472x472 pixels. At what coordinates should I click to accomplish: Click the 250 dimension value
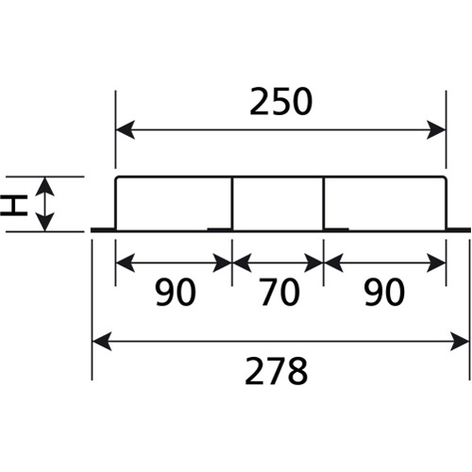click(281, 102)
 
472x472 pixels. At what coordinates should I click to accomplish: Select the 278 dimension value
click(277, 371)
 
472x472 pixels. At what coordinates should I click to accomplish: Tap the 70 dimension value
click(279, 292)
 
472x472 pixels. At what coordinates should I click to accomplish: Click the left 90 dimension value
click(176, 292)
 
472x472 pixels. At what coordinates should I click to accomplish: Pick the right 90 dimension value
click(384, 292)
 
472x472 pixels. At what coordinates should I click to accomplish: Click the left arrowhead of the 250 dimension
click(126, 129)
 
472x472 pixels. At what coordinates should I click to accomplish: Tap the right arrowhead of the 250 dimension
click(436, 129)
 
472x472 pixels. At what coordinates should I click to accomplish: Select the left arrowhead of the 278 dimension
click(102, 341)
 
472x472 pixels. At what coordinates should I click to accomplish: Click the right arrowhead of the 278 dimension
click(460, 341)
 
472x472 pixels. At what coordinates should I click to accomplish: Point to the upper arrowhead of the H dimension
click(44, 187)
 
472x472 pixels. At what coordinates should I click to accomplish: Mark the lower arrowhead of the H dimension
click(44, 222)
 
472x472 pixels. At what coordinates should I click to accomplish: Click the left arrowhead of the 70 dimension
click(242, 262)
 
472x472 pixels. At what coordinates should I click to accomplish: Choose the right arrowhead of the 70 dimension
click(313, 262)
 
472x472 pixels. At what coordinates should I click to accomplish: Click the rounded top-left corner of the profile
click(116, 178)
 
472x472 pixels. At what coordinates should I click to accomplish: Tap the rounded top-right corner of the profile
click(445, 178)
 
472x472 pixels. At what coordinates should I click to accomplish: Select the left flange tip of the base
click(92, 229)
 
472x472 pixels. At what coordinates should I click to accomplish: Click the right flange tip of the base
click(470, 229)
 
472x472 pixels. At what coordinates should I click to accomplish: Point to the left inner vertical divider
click(232, 204)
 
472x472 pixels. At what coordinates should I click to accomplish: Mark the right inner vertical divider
click(324, 204)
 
